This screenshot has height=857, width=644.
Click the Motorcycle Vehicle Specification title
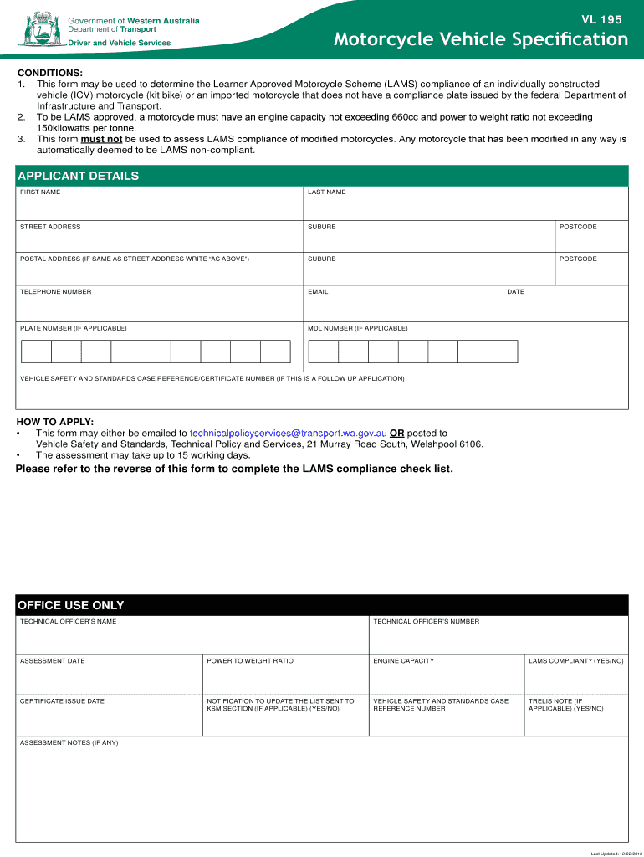(480, 39)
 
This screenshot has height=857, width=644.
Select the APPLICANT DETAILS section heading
(79, 176)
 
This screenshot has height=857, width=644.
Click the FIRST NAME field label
(40, 192)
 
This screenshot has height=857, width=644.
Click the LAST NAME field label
(326, 192)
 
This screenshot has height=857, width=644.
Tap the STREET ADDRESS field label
(50, 227)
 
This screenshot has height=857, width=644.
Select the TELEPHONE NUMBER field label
(55, 292)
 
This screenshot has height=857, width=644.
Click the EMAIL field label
(318, 292)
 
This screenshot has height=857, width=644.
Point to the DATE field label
(515, 292)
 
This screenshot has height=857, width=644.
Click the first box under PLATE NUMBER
(36, 352)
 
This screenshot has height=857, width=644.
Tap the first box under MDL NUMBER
(323, 352)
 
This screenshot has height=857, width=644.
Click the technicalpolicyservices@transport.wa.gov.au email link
(288, 434)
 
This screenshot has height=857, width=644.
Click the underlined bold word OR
(397, 434)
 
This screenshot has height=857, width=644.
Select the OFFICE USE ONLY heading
(70, 605)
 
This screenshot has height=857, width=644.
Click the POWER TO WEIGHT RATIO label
(250, 661)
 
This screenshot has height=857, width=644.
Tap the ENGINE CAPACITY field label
(403, 661)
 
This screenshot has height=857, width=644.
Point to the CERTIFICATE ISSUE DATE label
(62, 701)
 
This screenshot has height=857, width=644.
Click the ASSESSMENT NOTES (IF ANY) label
(69, 742)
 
